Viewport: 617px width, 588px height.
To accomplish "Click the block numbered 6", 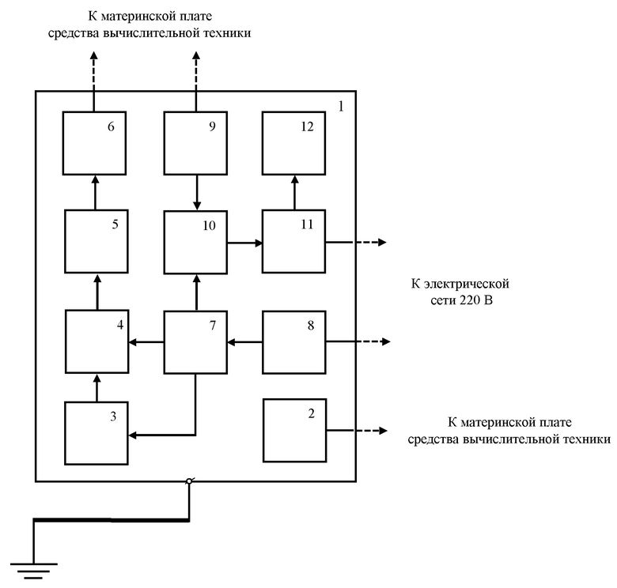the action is pyautogui.click(x=94, y=143).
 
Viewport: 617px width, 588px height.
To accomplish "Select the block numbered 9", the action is pyautogui.click(x=195, y=143).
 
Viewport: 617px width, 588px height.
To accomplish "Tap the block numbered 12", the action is pyautogui.click(x=294, y=143).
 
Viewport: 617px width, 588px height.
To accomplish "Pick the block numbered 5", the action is pyautogui.click(x=97, y=241).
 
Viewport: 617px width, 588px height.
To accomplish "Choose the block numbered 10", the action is pyautogui.click(x=195, y=243).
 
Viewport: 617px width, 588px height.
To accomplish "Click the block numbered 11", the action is pyautogui.click(x=294, y=241).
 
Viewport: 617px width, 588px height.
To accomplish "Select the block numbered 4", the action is pyautogui.click(x=97, y=341).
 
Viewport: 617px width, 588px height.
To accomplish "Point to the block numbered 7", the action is pyautogui.click(x=195, y=342).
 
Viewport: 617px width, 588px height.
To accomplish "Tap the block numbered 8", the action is pyautogui.click(x=294, y=342).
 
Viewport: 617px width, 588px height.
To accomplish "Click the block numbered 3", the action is pyautogui.click(x=97, y=433).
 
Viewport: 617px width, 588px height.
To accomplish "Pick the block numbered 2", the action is pyautogui.click(x=295, y=431).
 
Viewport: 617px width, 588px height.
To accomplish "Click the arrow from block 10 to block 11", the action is pyautogui.click(x=244, y=243).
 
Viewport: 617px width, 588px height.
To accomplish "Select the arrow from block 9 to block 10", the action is pyautogui.click(x=197, y=193).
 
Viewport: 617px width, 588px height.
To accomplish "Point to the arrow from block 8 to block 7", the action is pyautogui.click(x=244, y=342).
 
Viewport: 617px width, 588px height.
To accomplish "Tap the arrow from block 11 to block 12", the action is pyautogui.click(x=294, y=193).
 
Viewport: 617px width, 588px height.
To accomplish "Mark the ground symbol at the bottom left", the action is pyautogui.click(x=34, y=571).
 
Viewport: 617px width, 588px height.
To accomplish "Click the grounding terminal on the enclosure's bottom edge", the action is pyautogui.click(x=189, y=481).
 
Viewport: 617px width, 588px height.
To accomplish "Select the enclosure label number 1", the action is pyautogui.click(x=341, y=106).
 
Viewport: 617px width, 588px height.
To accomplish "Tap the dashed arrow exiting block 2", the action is pyautogui.click(x=357, y=431).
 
